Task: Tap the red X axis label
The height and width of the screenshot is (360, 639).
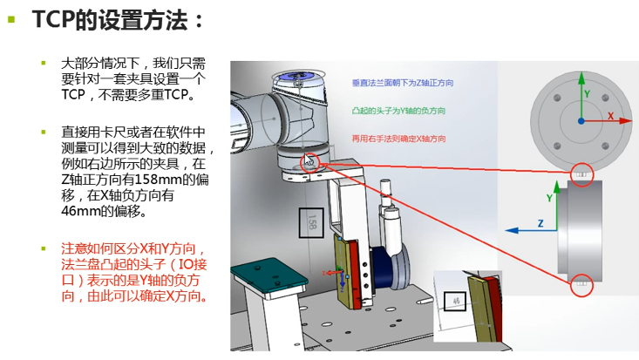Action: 610,115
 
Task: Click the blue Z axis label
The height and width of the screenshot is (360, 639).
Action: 540,224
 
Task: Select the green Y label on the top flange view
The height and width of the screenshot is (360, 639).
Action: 588,93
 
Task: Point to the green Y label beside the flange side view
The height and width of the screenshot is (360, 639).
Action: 549,198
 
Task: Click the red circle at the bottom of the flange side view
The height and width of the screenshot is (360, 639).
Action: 581,283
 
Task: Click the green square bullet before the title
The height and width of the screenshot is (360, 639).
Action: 10,18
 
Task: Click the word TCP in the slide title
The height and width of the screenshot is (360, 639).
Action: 54,18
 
